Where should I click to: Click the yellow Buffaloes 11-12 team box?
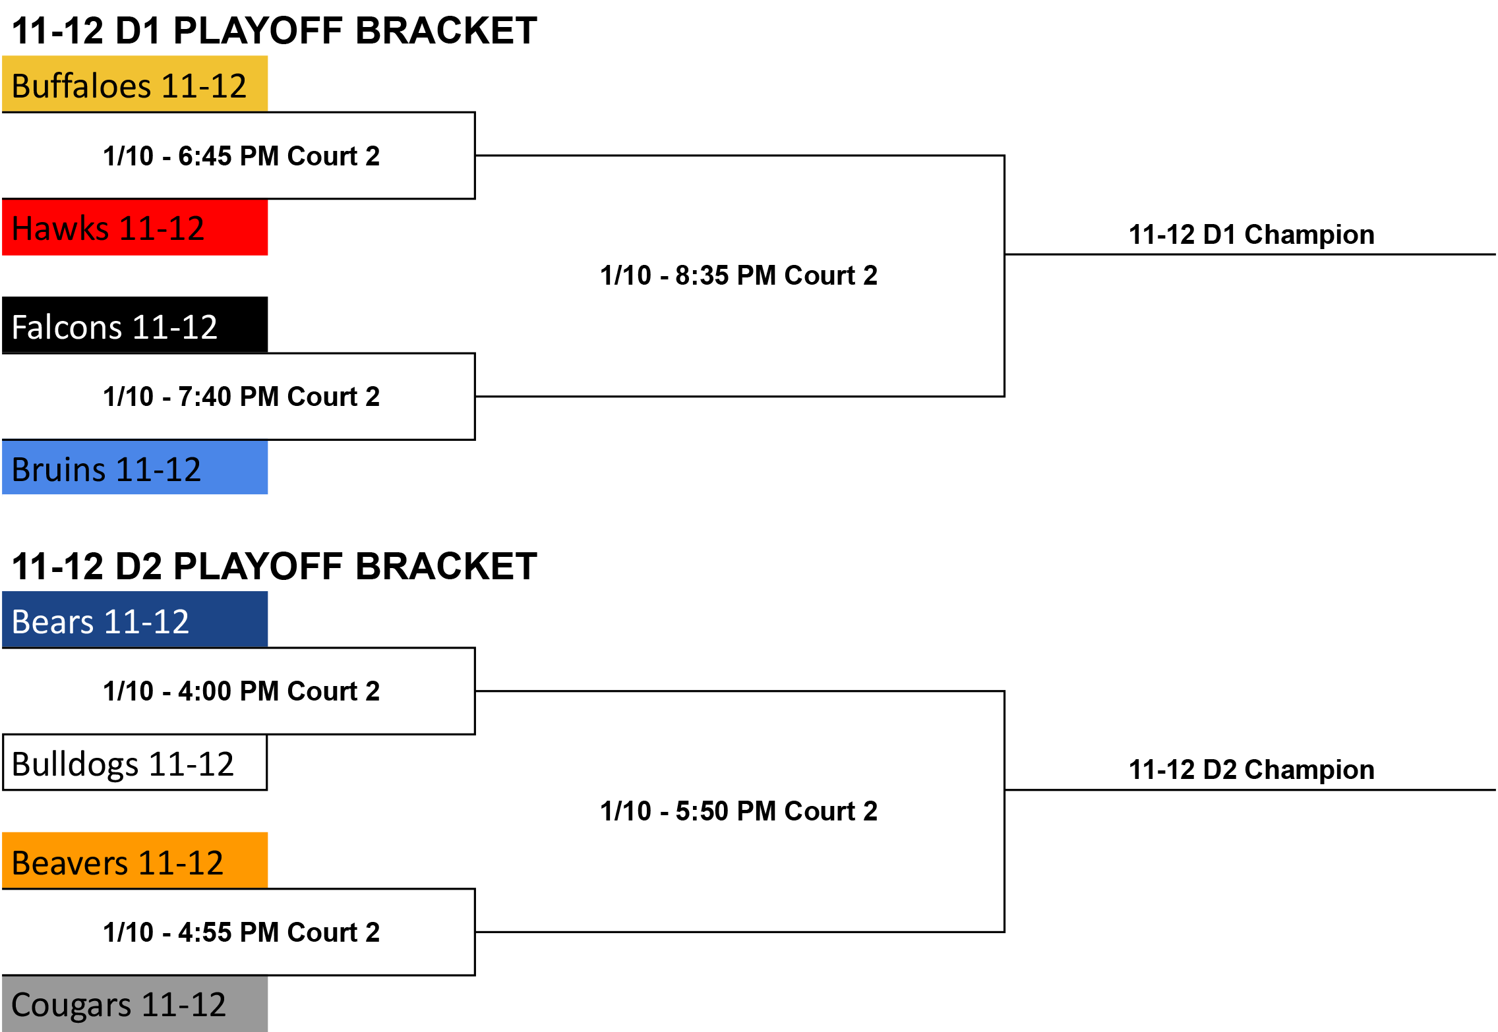[135, 84]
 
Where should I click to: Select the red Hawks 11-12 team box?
[135, 227]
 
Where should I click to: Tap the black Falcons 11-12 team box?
[135, 325]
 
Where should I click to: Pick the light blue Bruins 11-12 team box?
[135, 467]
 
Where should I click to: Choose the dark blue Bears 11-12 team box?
[135, 619]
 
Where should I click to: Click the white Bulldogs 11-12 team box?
[135, 762]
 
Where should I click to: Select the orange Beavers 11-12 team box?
[135, 861]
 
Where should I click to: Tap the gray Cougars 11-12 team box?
[135, 1004]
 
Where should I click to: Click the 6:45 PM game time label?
[241, 156]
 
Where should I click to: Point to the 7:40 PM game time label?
[241, 397]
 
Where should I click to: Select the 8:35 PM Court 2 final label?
[738, 275]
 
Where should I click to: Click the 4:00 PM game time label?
[241, 691]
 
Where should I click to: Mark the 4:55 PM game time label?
[241, 932]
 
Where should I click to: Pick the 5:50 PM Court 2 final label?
[738, 811]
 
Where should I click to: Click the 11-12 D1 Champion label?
[1251, 235]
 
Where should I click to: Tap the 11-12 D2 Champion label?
[1251, 770]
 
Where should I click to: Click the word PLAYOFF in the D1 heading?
[259, 31]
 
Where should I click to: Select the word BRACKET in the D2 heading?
[446, 567]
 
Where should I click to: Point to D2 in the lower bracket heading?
[138, 567]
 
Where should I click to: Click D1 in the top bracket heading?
[138, 31]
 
